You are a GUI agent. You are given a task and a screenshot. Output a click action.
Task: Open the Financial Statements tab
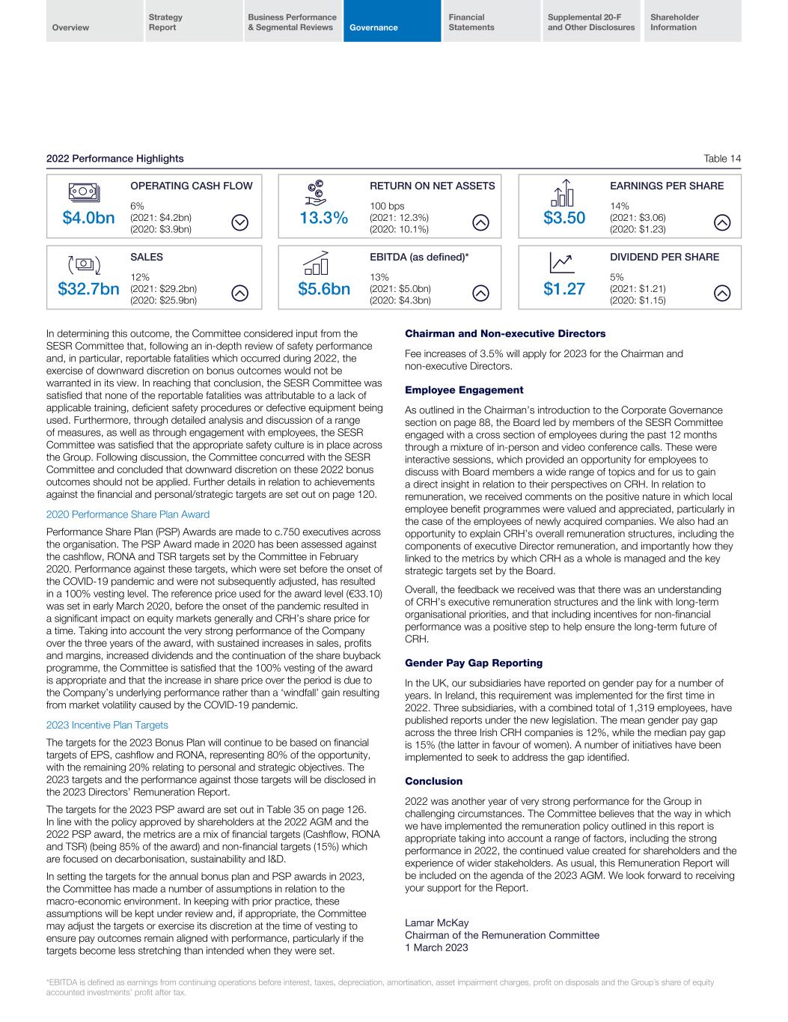click(x=471, y=22)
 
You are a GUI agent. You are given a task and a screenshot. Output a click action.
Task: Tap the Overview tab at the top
click(x=71, y=28)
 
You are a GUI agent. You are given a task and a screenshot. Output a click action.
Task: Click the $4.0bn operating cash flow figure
click(x=88, y=218)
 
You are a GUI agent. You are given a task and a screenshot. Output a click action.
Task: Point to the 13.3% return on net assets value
click(x=323, y=218)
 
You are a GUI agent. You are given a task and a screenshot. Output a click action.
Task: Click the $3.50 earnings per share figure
click(x=563, y=218)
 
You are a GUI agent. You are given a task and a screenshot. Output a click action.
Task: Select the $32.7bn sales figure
click(x=88, y=289)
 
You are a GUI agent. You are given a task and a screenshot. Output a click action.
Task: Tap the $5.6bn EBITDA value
click(x=324, y=289)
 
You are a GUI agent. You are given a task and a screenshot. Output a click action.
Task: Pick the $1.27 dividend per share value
click(x=563, y=289)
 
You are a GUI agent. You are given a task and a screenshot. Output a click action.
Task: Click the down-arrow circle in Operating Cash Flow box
click(x=240, y=222)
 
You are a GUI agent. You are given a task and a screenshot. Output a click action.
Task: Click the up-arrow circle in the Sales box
click(x=239, y=293)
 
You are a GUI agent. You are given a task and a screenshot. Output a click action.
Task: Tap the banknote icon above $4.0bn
click(x=82, y=191)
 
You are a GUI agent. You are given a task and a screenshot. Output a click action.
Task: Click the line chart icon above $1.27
click(x=561, y=262)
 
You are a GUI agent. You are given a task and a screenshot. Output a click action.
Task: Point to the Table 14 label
click(x=722, y=159)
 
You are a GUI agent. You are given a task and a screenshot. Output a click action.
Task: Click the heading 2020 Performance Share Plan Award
click(x=127, y=514)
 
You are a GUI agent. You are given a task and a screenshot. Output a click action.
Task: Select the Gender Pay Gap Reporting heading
click(x=473, y=663)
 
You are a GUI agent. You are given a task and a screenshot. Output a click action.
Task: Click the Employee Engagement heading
click(x=464, y=390)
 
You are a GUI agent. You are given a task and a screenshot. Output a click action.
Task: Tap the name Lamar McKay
click(x=436, y=922)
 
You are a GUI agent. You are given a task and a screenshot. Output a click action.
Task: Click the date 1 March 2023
click(x=436, y=948)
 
